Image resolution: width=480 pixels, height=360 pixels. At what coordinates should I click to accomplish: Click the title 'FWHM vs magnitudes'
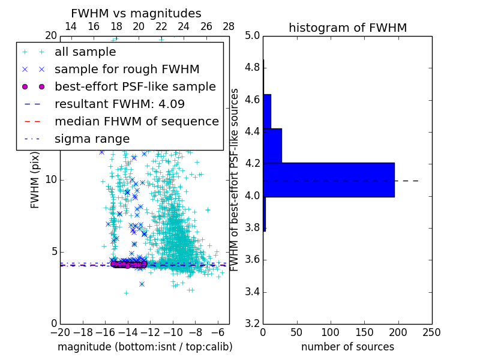pos(136,13)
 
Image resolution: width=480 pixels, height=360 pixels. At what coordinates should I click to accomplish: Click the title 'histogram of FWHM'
pos(347,28)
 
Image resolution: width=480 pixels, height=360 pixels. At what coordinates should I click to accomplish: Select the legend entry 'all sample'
pos(85,52)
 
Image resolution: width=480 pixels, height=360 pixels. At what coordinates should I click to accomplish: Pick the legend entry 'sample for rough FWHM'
pos(127,69)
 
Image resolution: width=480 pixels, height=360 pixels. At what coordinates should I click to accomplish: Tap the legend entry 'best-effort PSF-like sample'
pos(135,86)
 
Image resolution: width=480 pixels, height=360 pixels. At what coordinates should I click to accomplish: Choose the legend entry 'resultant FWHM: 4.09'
pos(119,104)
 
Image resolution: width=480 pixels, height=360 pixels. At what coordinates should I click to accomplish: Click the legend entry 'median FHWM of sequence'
pos(137,121)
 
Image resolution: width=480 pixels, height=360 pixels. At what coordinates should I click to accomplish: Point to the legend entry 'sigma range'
pos(92,139)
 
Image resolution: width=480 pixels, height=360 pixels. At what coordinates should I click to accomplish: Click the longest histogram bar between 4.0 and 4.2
pos(329,180)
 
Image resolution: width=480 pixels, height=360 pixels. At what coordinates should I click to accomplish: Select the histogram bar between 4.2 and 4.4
pos(272,145)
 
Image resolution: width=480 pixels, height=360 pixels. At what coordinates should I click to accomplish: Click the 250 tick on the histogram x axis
pos(431,332)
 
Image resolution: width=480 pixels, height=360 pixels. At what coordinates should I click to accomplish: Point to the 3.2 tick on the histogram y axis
pos(252,324)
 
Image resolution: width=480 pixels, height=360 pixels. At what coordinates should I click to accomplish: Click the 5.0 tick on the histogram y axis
pos(252,35)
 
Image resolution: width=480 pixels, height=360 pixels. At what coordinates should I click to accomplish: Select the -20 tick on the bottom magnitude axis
pos(60,332)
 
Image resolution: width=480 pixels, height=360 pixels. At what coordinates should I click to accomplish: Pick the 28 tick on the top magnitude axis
pos(229,26)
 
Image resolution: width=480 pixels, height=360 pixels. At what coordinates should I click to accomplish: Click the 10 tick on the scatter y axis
pos(52,180)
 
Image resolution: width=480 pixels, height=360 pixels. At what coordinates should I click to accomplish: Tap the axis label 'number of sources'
pos(347,347)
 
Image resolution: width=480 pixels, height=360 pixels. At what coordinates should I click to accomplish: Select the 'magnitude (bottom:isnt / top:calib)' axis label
pos(145,347)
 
